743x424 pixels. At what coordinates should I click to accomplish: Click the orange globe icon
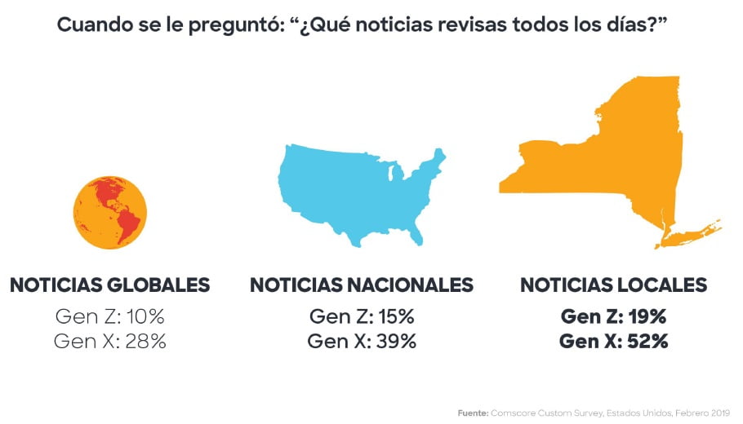(109, 211)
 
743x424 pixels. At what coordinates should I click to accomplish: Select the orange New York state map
(604, 155)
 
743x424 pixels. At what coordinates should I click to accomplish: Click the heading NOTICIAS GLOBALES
(109, 285)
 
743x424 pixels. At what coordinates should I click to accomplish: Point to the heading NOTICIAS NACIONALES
(362, 285)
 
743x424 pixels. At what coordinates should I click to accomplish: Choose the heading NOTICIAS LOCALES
(613, 285)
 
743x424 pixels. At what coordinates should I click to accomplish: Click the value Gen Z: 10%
(109, 316)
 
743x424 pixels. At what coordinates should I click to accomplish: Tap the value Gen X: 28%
(109, 341)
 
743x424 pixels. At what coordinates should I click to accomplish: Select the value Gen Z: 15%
(362, 316)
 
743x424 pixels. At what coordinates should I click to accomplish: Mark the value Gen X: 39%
(362, 341)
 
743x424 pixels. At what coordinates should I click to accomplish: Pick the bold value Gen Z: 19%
(613, 316)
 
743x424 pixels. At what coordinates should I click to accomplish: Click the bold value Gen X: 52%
(613, 341)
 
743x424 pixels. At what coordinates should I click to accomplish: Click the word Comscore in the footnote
(514, 413)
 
